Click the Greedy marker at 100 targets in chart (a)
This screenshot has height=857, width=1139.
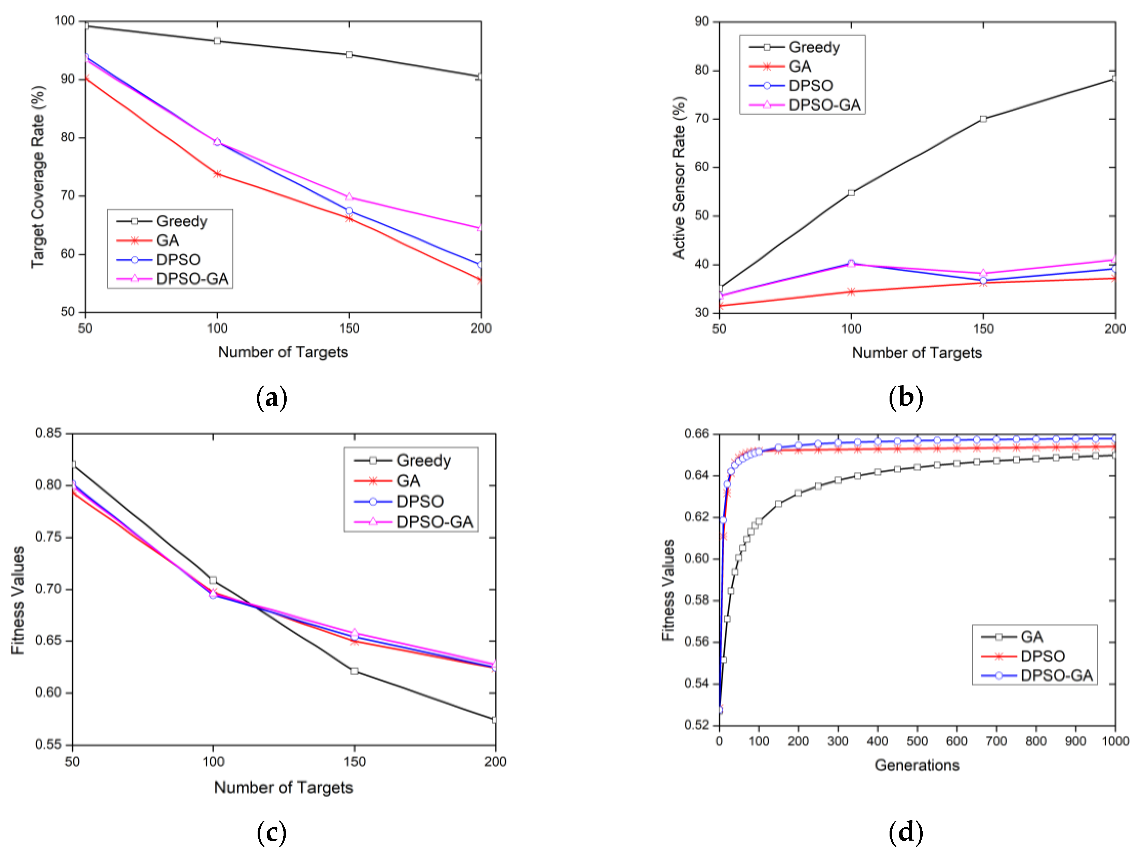[217, 41]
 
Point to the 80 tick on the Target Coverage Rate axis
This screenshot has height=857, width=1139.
[68, 137]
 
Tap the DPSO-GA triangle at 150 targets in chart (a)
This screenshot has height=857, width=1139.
[349, 197]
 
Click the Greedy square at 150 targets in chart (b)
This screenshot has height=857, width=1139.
[983, 119]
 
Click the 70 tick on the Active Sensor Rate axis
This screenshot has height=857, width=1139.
[702, 119]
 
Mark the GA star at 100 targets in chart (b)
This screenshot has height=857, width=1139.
[851, 292]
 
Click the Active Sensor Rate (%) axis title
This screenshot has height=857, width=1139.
[679, 178]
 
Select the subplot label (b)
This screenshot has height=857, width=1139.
[906, 398]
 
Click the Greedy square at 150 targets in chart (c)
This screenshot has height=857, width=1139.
[354, 671]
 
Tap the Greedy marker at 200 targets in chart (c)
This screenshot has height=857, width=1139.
[495, 720]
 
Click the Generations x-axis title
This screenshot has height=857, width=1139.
[917, 765]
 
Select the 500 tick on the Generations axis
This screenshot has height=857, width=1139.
[917, 741]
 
